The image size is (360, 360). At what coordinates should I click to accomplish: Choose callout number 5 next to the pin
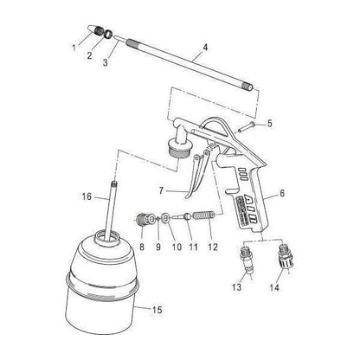point(269,124)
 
